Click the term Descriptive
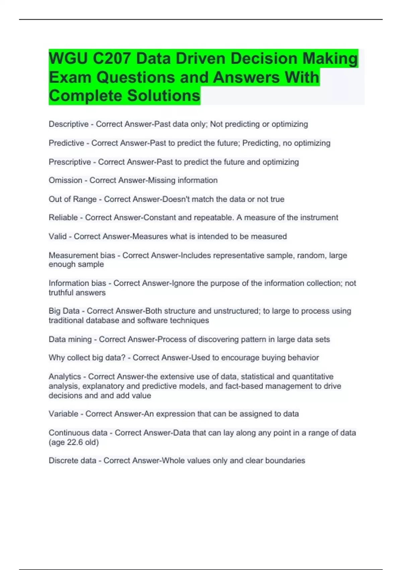tap(69, 124)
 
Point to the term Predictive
tap(66, 143)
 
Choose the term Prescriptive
tap(70, 162)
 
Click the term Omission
tap(65, 180)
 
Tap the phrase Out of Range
tap(73, 199)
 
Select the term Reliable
tap(63, 218)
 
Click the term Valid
tap(58, 236)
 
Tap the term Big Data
tap(64, 311)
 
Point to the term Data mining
tap(70, 339)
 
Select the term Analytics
tap(65, 377)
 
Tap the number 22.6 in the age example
tap(75, 442)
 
